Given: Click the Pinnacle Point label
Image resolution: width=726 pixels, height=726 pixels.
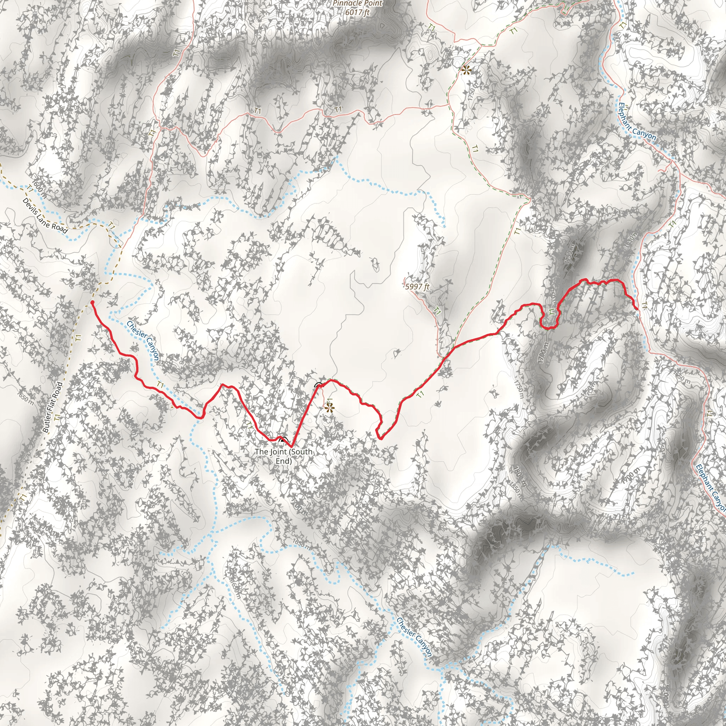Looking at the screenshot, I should (x=357, y=4).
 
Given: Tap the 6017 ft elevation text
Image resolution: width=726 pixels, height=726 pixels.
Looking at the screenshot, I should (x=357, y=12).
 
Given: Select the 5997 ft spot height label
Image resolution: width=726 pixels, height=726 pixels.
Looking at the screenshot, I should (x=417, y=287).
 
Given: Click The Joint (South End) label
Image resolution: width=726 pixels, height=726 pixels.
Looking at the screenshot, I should (x=284, y=456).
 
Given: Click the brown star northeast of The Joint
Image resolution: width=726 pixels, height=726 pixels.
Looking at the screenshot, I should (x=330, y=408).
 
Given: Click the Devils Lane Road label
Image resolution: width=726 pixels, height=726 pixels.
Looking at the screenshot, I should (x=45, y=216).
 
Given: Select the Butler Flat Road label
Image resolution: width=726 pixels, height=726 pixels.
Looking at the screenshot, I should (x=52, y=407).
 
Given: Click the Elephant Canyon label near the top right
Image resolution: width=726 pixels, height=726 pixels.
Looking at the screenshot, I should (x=637, y=123).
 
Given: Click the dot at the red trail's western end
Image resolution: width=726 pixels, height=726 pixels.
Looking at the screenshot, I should (x=92, y=302).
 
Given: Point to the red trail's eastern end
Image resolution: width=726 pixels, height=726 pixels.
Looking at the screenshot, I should (x=637, y=309).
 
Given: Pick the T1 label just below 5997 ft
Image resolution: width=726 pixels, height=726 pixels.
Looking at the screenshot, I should (x=437, y=311).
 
